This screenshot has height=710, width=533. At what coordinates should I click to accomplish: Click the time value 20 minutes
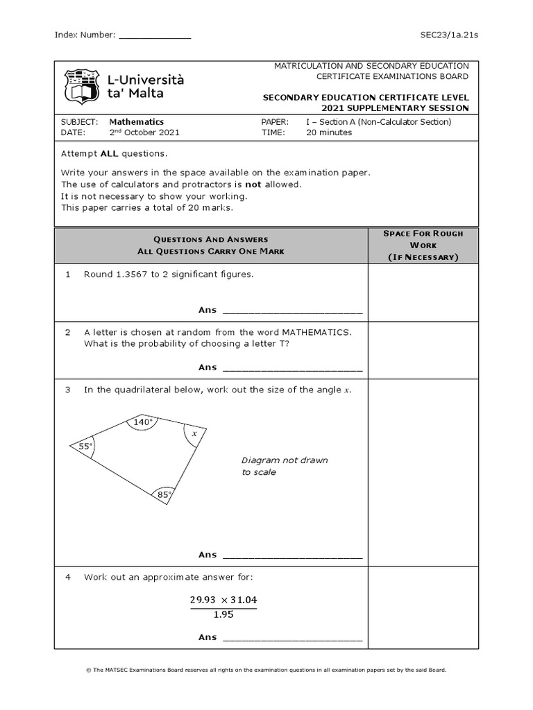click(x=329, y=132)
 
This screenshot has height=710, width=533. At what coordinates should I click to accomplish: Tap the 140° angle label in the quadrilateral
click(x=143, y=422)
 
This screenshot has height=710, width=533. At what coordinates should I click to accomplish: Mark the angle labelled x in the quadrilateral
click(x=194, y=433)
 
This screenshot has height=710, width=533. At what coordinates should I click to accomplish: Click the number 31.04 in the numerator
click(x=242, y=600)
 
